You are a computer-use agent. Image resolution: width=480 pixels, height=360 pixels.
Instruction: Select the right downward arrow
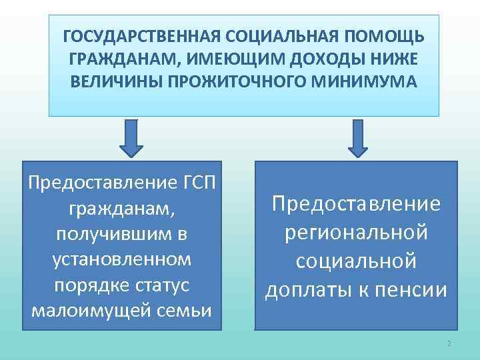click(x=358, y=138)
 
